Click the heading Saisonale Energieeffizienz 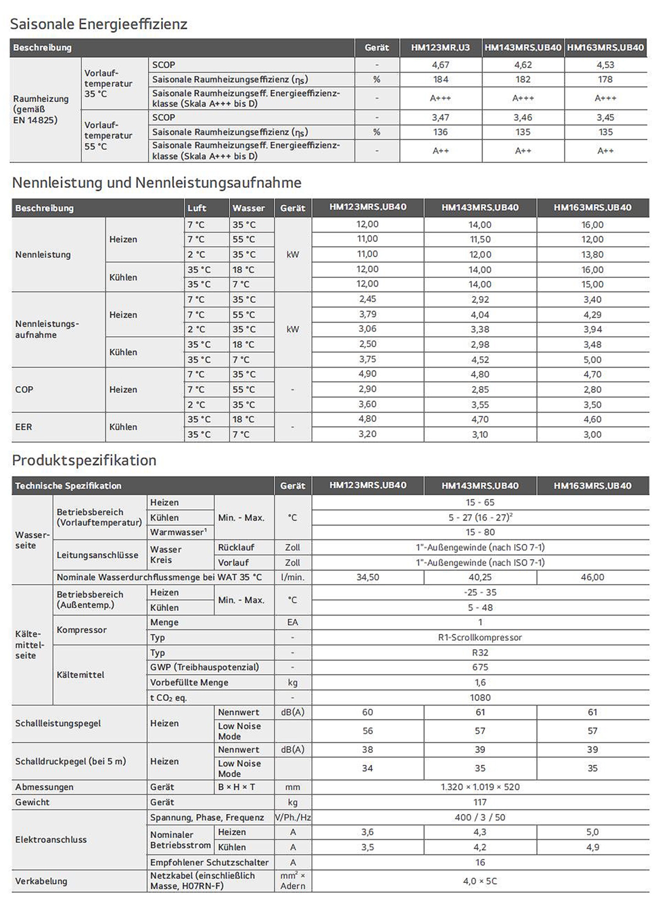(x=98, y=24)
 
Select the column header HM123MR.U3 (x=440, y=48)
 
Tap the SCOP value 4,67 (x=441, y=65)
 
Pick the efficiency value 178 (x=605, y=80)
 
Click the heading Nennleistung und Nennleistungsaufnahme (x=157, y=183)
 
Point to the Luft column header (x=196, y=208)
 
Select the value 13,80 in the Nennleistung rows (x=592, y=255)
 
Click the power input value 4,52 (x=480, y=360)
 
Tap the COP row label (x=24, y=390)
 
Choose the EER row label (x=24, y=427)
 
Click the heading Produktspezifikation (x=84, y=460)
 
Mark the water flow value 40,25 (x=480, y=578)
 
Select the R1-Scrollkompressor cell (x=480, y=638)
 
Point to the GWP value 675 (x=480, y=667)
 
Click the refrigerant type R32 (x=480, y=653)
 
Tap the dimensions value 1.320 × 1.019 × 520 (x=480, y=787)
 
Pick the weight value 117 (x=480, y=802)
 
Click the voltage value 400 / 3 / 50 (x=480, y=818)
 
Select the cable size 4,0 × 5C (x=480, y=881)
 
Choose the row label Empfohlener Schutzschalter (x=209, y=862)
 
